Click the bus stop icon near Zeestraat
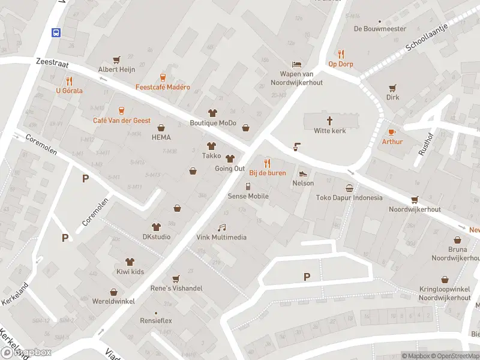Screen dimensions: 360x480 56,32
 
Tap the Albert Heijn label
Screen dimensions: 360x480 116,70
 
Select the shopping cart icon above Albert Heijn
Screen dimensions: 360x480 116,59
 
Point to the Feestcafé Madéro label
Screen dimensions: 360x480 162,87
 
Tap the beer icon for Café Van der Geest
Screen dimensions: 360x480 121,110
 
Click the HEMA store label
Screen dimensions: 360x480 161,137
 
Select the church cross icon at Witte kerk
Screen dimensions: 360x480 330,120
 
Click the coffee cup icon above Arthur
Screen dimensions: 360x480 392,131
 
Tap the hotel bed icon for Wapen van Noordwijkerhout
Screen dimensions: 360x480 296,64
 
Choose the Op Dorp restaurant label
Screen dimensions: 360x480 340,64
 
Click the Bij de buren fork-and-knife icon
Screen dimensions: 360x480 268,163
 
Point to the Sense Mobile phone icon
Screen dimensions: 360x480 248,186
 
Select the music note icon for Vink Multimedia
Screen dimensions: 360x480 221,227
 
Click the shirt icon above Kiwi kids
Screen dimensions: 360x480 130,261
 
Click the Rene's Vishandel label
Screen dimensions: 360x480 176,289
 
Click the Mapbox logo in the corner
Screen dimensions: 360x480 26,352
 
